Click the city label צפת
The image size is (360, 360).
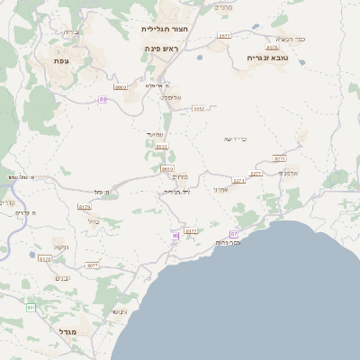coord(61,60)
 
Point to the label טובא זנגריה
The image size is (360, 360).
coord(265,57)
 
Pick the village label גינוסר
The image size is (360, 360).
coord(118,311)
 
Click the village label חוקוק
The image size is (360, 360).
coord(60,246)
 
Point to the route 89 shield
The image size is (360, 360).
coord(103,100)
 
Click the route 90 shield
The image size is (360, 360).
coord(175,236)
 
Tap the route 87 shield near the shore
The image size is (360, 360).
coord(234,234)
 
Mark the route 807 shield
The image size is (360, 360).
coord(31,308)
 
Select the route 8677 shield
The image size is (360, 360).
coord(223,36)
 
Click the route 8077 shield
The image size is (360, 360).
coord(92,265)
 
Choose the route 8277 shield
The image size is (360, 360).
coord(255,174)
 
